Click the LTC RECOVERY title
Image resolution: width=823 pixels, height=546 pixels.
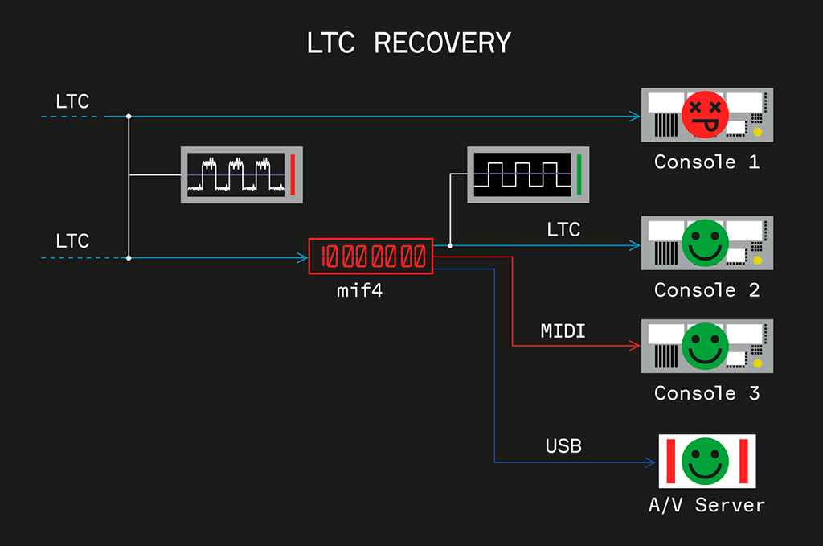[409, 43]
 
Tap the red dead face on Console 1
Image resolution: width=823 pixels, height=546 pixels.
[705, 114]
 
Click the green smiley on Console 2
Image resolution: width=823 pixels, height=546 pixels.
[705, 242]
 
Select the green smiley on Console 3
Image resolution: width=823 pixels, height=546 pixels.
[705, 345]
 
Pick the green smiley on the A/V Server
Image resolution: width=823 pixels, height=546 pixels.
[705, 461]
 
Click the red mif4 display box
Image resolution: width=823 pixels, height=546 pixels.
[371, 257]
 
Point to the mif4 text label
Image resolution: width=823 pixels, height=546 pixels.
[359, 290]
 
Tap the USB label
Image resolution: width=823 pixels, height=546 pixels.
[563, 445]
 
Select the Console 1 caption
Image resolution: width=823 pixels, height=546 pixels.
[706, 162]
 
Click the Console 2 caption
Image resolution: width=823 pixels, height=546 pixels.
[706, 289]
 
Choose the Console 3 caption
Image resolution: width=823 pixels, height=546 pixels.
[706, 393]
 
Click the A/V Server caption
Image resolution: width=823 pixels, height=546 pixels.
[706, 506]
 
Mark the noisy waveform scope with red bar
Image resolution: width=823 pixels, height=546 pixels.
[240, 174]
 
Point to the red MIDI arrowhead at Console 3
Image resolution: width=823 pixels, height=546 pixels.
[635, 346]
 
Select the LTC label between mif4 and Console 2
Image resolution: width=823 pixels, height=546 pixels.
[563, 230]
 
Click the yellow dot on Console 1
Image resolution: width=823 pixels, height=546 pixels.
[756, 131]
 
